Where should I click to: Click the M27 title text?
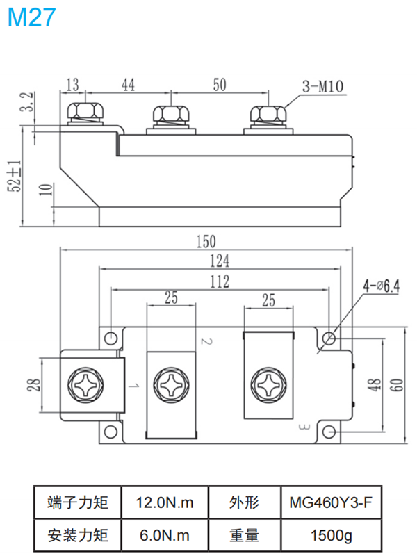pos(31,18)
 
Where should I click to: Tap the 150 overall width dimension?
pos(206,242)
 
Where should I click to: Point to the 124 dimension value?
pos(220,260)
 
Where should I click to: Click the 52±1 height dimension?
pos(13,175)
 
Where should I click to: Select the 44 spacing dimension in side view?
pos(128,85)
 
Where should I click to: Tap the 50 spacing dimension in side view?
pos(220,85)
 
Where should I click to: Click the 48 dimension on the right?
pos(375,386)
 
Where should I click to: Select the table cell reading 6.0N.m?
pos(164,536)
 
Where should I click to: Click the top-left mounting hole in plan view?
pos(111,338)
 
